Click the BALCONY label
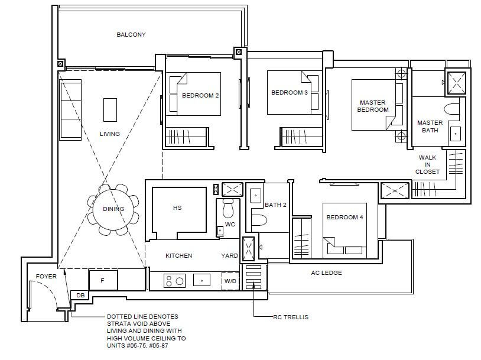click(131, 35)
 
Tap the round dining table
click(113, 210)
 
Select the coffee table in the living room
click(110, 110)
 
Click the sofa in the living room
click(70, 110)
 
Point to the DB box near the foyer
click(80, 295)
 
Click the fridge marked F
click(103, 280)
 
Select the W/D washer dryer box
click(230, 281)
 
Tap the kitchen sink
click(201, 280)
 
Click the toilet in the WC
click(228, 209)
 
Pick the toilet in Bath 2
click(259, 220)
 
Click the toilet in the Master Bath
click(451, 109)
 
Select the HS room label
click(177, 207)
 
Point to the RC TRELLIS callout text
click(291, 317)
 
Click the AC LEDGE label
click(326, 273)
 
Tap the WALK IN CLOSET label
click(427, 164)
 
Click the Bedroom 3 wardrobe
click(301, 137)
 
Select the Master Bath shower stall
click(456, 83)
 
